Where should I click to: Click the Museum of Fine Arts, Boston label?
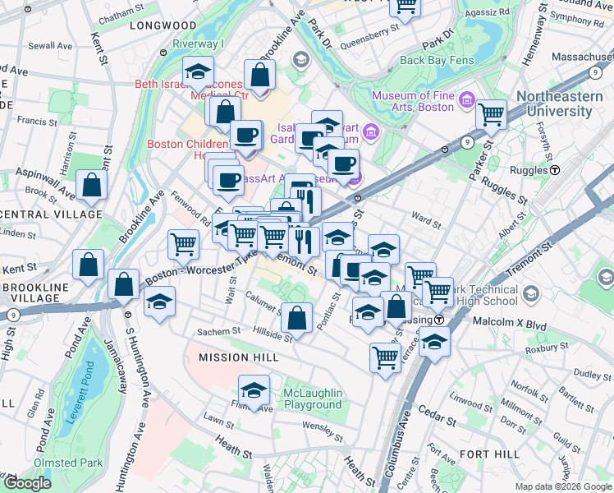(x=413, y=101)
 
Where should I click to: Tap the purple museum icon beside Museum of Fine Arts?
(x=467, y=100)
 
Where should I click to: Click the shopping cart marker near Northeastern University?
(x=492, y=116)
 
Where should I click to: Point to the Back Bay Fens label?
(x=436, y=60)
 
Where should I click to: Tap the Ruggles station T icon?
(x=555, y=170)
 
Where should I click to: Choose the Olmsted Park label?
(x=70, y=463)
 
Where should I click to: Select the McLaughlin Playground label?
(x=312, y=399)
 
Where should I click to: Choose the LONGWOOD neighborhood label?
(x=163, y=25)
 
